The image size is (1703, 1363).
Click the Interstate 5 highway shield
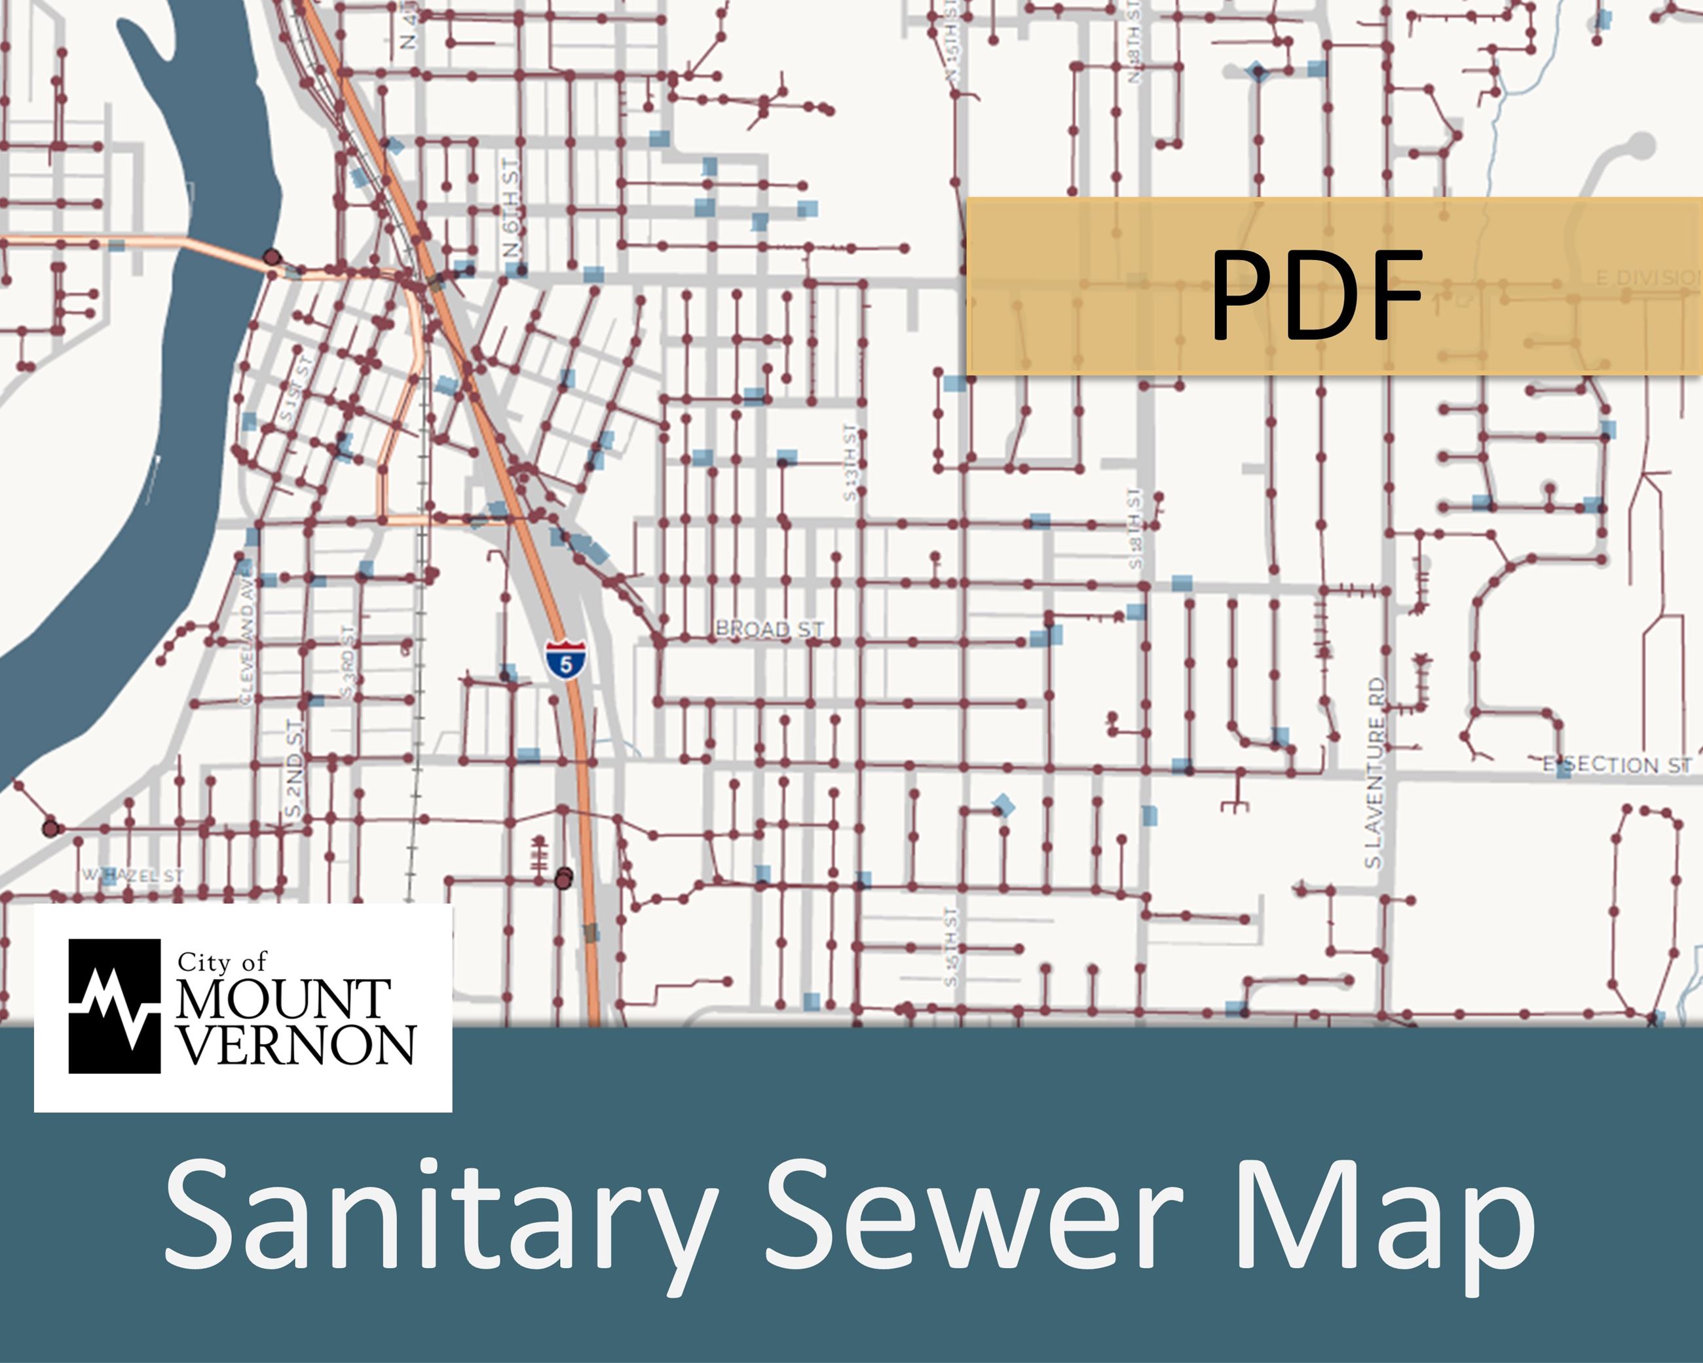(x=565, y=660)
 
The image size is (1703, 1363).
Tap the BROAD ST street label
(x=768, y=629)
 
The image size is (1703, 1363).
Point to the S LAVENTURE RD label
(x=1375, y=773)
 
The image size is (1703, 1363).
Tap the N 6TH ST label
(x=512, y=207)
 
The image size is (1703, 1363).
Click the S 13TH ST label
(x=850, y=462)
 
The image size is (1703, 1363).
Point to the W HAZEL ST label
(x=134, y=875)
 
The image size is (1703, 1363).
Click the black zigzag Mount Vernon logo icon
(x=115, y=1006)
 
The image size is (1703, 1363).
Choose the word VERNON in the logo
(x=295, y=1045)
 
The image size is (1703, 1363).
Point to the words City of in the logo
(x=222, y=961)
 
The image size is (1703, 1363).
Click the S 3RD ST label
(x=348, y=661)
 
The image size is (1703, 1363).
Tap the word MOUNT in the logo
(x=283, y=999)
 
